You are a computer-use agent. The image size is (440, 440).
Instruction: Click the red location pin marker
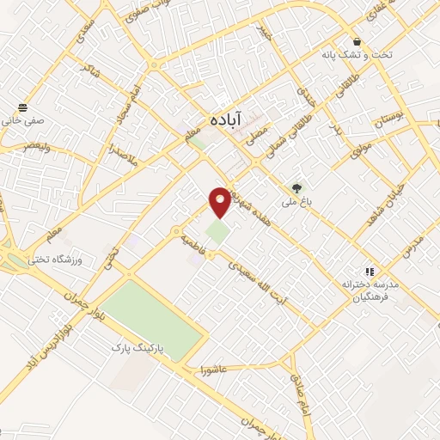coord(220,200)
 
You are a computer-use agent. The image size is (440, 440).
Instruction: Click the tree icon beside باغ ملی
coord(296,188)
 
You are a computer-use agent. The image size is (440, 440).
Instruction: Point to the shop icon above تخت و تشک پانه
coord(356,41)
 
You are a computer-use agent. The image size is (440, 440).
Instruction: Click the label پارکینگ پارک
coord(143,349)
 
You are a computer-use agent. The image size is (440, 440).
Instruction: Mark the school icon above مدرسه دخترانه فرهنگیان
coord(370,271)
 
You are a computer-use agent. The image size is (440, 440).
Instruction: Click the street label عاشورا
coord(212,370)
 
